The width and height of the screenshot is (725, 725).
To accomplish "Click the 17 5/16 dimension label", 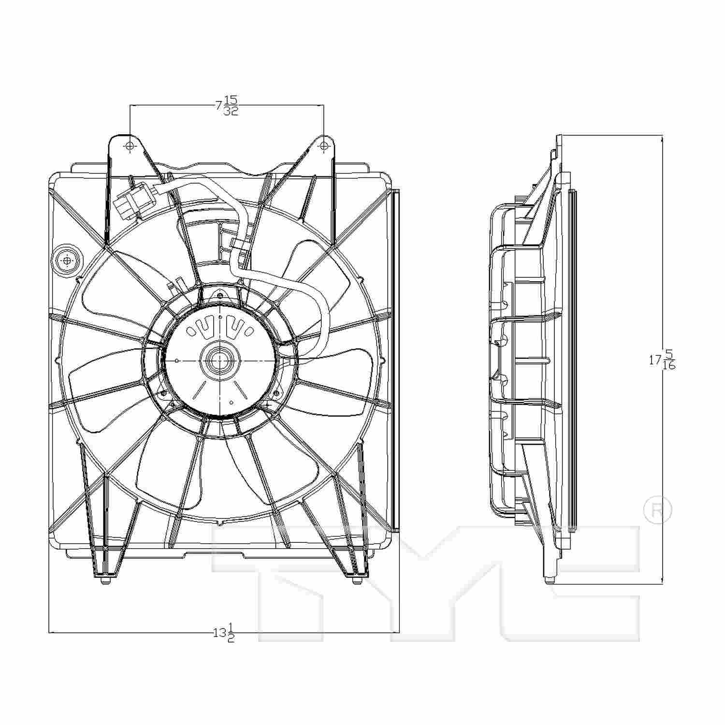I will point(662,360).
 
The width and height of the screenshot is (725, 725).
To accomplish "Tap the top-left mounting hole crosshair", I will point(130,146).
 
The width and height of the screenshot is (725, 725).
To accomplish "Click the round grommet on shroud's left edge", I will point(67,261).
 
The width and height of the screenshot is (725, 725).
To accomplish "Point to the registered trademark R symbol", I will point(658,511).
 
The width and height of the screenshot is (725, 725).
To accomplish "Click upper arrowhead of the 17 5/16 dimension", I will point(662,138).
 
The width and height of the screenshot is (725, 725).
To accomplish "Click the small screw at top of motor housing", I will point(220,295).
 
